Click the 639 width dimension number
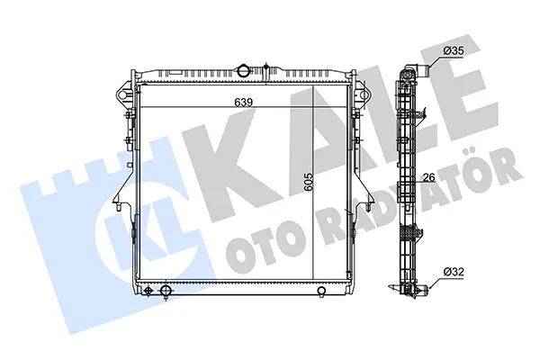click(244, 103)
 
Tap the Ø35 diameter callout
click(454, 51)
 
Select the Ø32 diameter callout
click(454, 272)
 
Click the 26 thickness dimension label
click(428, 178)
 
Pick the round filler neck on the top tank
click(243, 70)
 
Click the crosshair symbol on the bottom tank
click(148, 291)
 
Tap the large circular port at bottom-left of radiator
click(166, 290)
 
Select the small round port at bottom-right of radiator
click(321, 291)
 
